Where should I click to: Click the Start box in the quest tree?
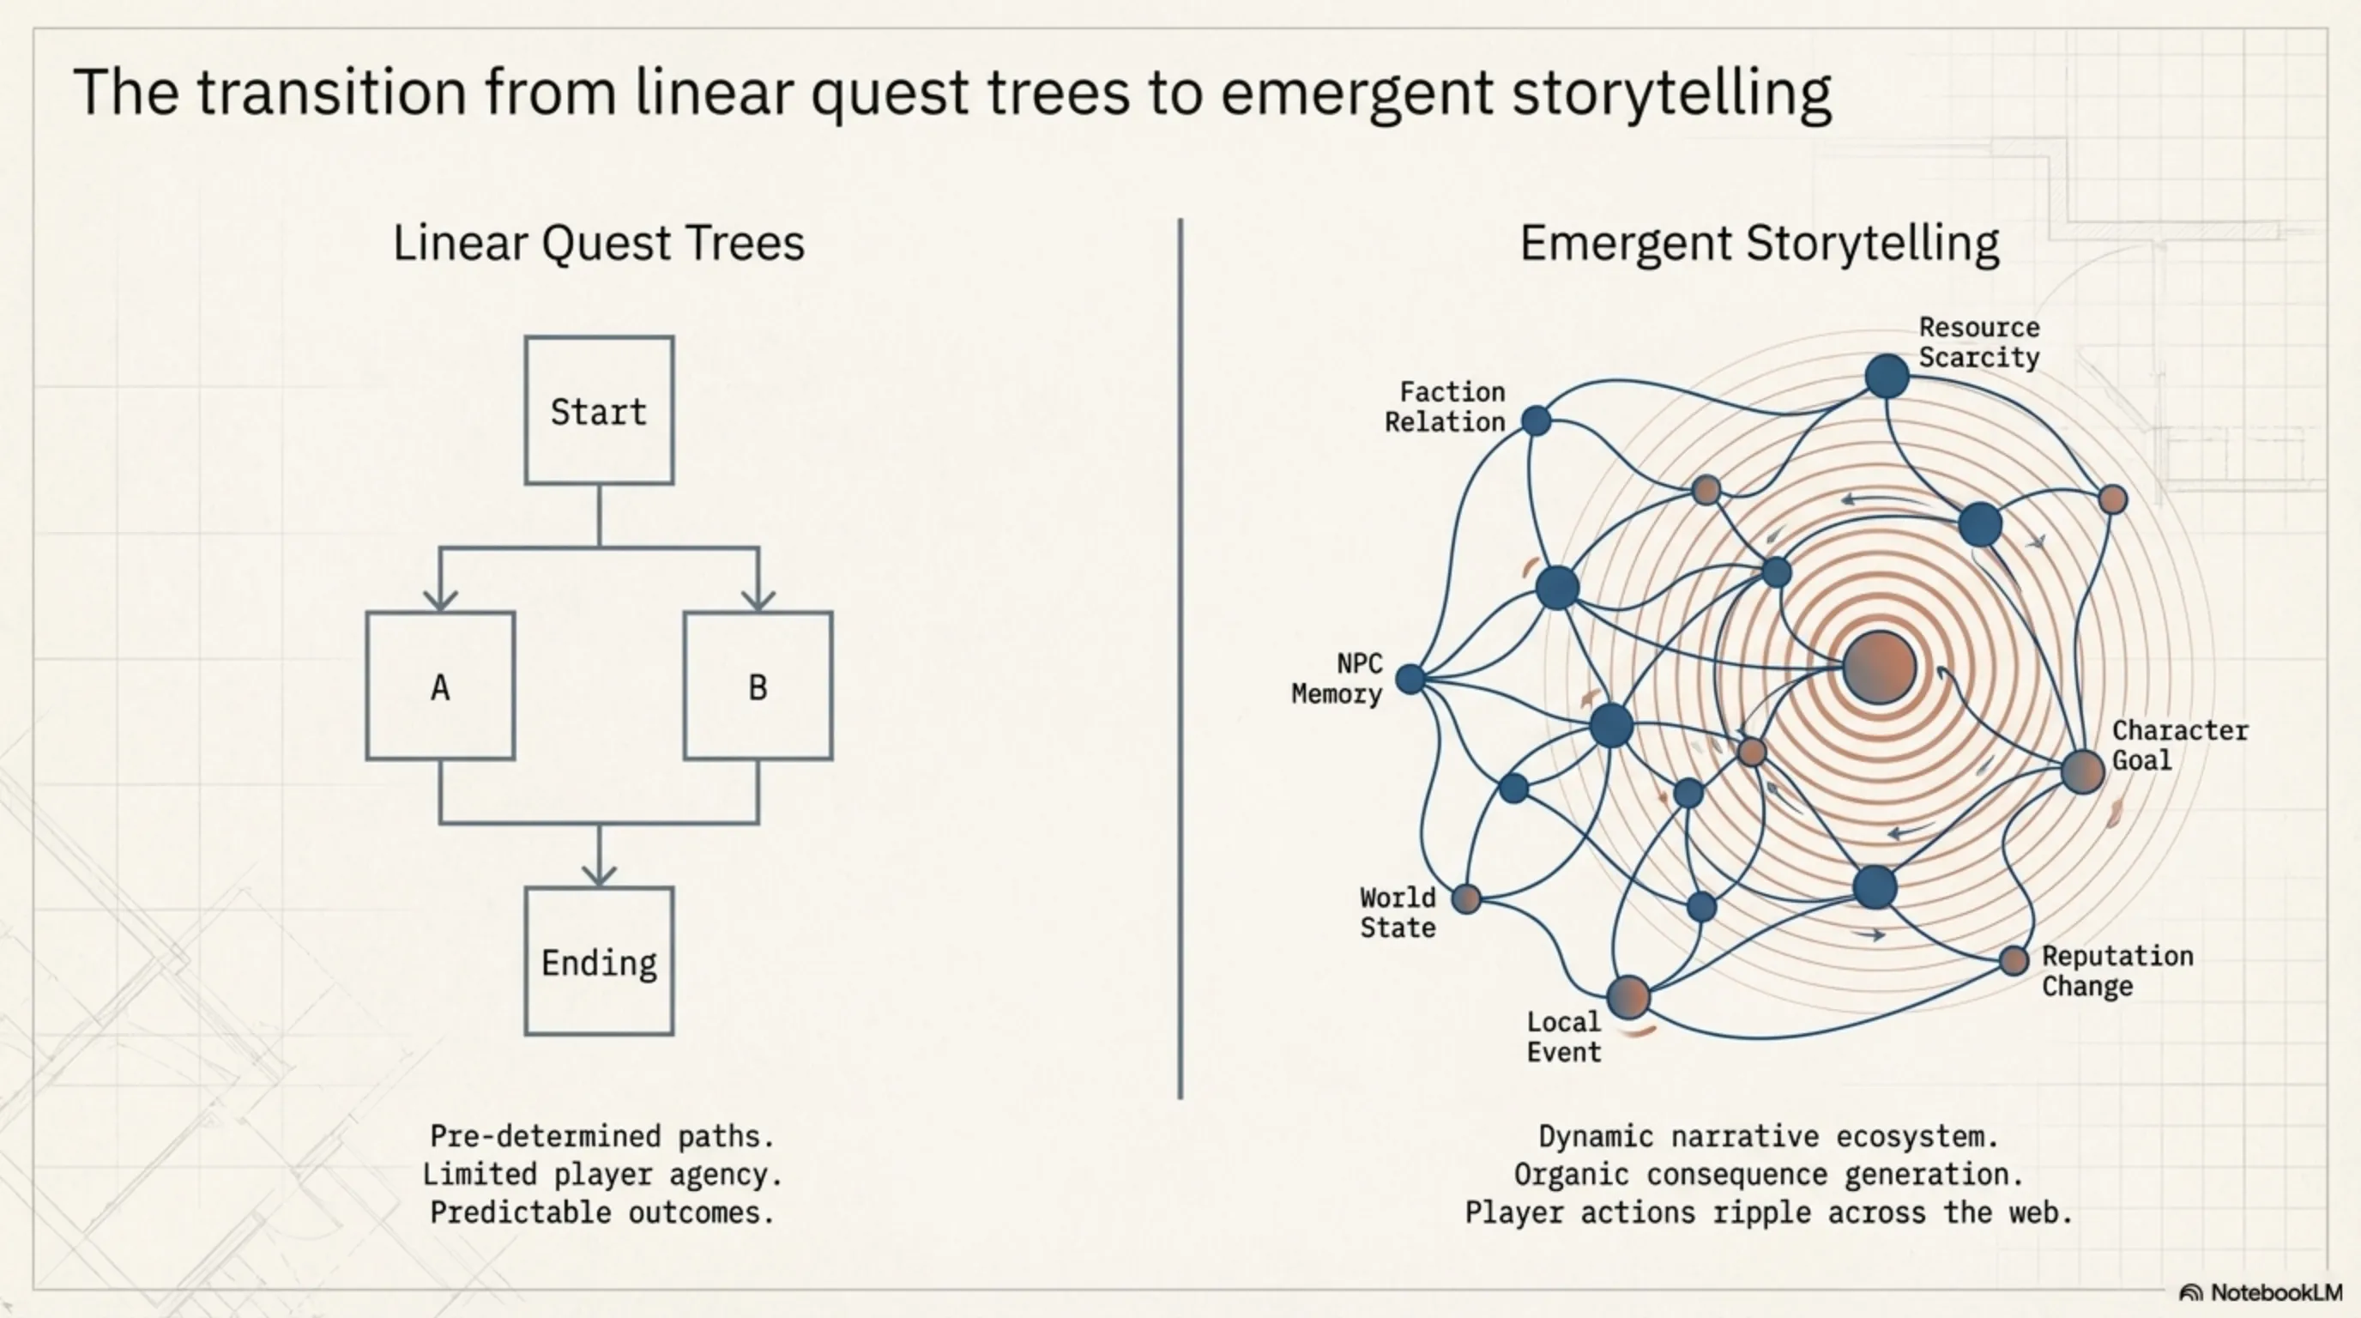tap(599, 411)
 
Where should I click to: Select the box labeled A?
tap(440, 686)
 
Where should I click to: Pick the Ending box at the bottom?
tap(599, 961)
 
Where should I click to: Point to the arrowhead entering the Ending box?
tap(600, 874)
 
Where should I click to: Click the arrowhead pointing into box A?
tap(440, 601)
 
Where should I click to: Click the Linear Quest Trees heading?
tap(599, 244)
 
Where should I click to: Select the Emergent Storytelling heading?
tap(1759, 244)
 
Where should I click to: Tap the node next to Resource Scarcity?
tap(1887, 377)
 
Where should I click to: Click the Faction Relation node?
tap(1537, 420)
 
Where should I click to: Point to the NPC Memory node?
tap(1410, 679)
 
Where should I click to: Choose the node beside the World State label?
tap(1466, 899)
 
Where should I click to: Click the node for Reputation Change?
tap(2014, 961)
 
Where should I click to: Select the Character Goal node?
tap(2082, 771)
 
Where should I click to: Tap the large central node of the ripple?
tap(1879, 668)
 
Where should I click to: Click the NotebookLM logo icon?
tap(2190, 1293)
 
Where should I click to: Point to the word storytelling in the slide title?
tap(1672, 94)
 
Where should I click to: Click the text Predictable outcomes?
tap(602, 1212)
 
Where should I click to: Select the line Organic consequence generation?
tap(1768, 1174)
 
